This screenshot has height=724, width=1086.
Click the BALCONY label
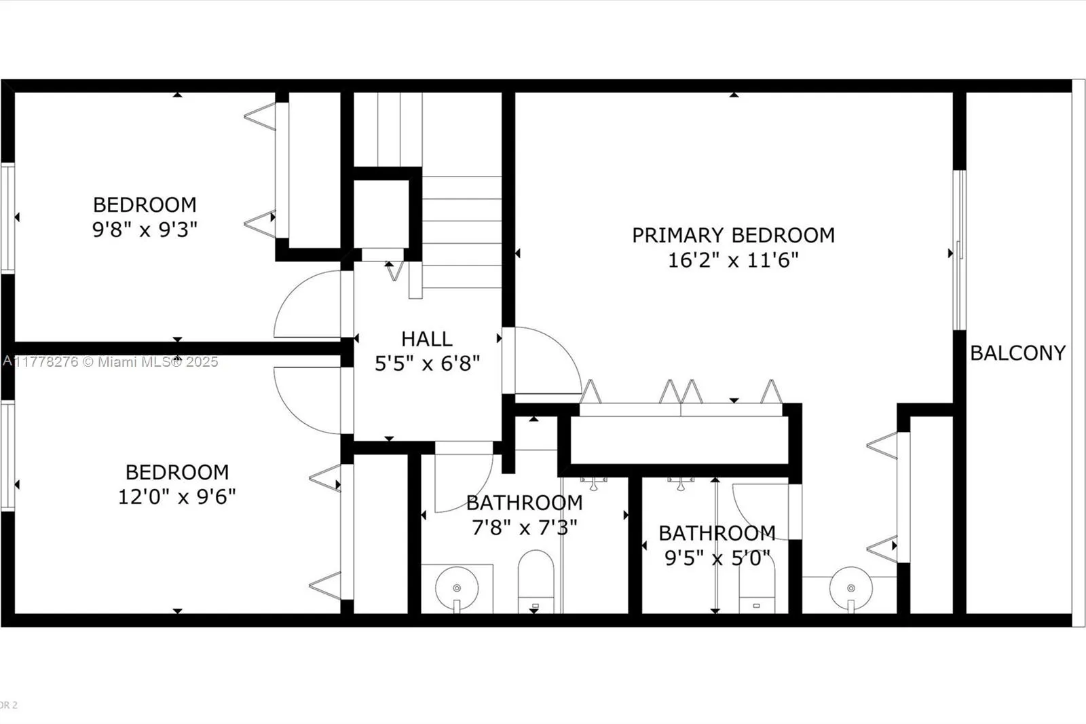tap(1017, 352)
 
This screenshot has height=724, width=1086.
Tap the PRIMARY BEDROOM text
tap(733, 235)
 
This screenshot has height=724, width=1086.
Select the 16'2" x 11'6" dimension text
tap(733, 259)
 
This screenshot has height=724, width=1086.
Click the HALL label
tap(426, 338)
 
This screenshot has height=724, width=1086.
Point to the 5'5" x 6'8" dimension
tap(427, 363)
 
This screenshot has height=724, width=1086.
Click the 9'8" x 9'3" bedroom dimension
tap(145, 229)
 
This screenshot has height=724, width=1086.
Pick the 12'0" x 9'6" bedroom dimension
tap(176, 496)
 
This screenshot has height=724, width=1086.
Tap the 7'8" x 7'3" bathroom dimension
tap(524, 527)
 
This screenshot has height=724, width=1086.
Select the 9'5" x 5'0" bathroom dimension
tap(717, 558)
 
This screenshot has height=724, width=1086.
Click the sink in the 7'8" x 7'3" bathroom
tap(456, 588)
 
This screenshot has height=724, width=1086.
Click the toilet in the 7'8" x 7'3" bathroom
tap(536, 583)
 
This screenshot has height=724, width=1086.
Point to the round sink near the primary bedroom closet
tap(850, 588)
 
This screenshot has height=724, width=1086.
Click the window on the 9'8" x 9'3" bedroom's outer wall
tap(7, 217)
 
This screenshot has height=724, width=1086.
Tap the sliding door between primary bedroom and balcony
tap(959, 250)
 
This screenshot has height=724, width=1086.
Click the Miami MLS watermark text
tap(111, 361)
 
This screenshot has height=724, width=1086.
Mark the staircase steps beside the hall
tap(462, 231)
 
